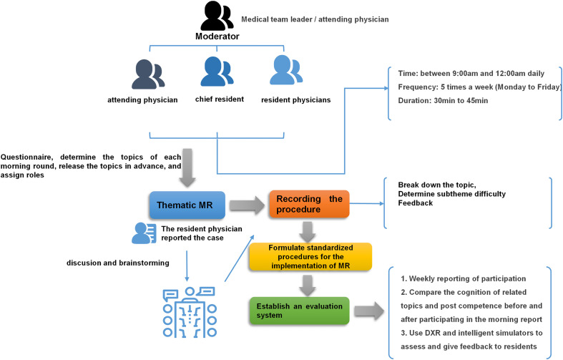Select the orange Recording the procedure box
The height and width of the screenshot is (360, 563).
(309, 204)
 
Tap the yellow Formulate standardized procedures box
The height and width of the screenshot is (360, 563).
(310, 256)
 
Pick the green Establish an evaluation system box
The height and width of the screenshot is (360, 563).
(299, 311)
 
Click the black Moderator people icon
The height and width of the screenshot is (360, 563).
(217, 16)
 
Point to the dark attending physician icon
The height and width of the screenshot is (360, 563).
(148, 74)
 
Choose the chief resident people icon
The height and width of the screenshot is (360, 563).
(217, 72)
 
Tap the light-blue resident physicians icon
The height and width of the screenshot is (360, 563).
(286, 70)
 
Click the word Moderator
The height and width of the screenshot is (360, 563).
(217, 37)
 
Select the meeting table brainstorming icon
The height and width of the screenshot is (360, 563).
(190, 312)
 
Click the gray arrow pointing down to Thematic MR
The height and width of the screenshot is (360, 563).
(187, 167)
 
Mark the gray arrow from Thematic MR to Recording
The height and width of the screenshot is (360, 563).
(247, 205)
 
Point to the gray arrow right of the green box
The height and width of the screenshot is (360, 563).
(369, 311)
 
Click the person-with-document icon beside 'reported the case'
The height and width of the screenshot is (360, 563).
(144, 233)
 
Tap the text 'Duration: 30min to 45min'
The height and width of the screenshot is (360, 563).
(443, 101)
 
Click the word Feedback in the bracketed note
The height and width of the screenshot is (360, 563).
(416, 203)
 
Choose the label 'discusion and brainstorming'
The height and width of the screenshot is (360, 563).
(118, 263)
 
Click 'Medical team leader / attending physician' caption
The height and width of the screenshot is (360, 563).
(315, 19)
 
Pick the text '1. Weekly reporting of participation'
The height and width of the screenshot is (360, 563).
(463, 279)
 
